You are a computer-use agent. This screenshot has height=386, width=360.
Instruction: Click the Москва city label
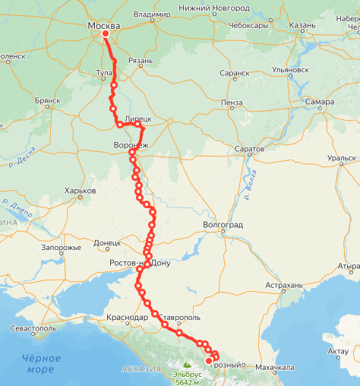tap(103, 26)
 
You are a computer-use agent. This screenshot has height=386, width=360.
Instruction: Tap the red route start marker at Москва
tap(106, 33)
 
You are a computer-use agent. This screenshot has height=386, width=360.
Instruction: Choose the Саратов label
tap(248, 149)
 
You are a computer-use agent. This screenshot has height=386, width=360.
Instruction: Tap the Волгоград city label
tap(223, 225)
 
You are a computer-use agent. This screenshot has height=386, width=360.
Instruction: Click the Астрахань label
tap(284, 286)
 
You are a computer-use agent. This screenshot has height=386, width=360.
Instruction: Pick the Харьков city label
tap(81, 190)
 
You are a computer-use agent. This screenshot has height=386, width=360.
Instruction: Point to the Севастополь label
tap(33, 328)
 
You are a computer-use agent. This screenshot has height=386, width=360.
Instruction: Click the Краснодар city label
tap(128, 316)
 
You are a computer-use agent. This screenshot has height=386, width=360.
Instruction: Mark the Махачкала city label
tap(275, 367)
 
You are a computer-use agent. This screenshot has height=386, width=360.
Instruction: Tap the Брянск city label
tap(47, 100)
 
